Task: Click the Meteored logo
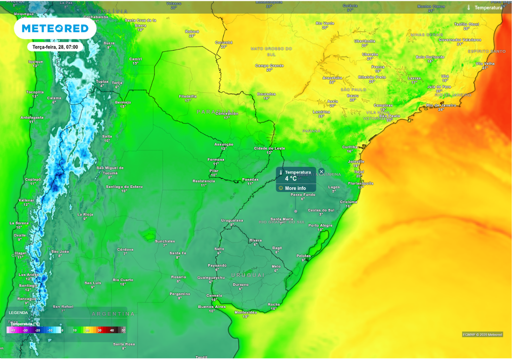pyautogui.click(x=55, y=28)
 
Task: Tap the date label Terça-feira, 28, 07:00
pyautogui.click(x=55, y=47)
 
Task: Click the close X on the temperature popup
pyautogui.click(x=321, y=171)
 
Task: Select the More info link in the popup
pyautogui.click(x=295, y=188)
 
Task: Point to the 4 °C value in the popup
pyautogui.click(x=290, y=178)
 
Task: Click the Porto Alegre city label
pyautogui.click(x=320, y=225)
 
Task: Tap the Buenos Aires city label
pyautogui.click(x=212, y=306)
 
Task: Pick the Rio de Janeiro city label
pyautogui.click(x=441, y=105)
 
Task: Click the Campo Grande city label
pyautogui.click(x=269, y=65)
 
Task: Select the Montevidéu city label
pyautogui.click(x=245, y=312)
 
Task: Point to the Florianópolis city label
pyautogui.click(x=361, y=183)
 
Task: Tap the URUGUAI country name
pyautogui.click(x=247, y=275)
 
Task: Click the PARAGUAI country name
pyautogui.click(x=215, y=111)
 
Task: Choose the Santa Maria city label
pyautogui.click(x=281, y=219)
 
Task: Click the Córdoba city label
pyautogui.click(x=125, y=249)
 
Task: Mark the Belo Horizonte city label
pyautogui.click(x=429, y=57)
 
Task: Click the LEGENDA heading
pyautogui.click(x=18, y=313)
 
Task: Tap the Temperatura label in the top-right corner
pyautogui.click(x=488, y=8)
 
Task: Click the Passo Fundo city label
pyautogui.click(x=303, y=194)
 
